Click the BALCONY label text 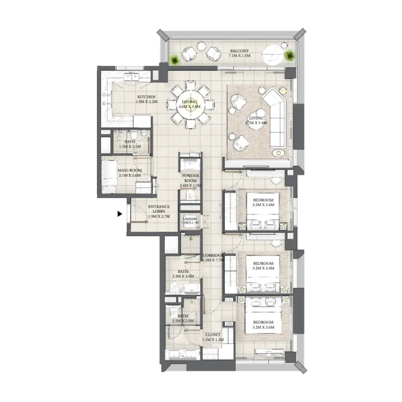[x=239, y=51]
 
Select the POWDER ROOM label [x=190, y=178]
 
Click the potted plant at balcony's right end [x=290, y=56]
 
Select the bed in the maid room [x=109, y=177]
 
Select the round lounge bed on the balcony [x=273, y=55]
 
